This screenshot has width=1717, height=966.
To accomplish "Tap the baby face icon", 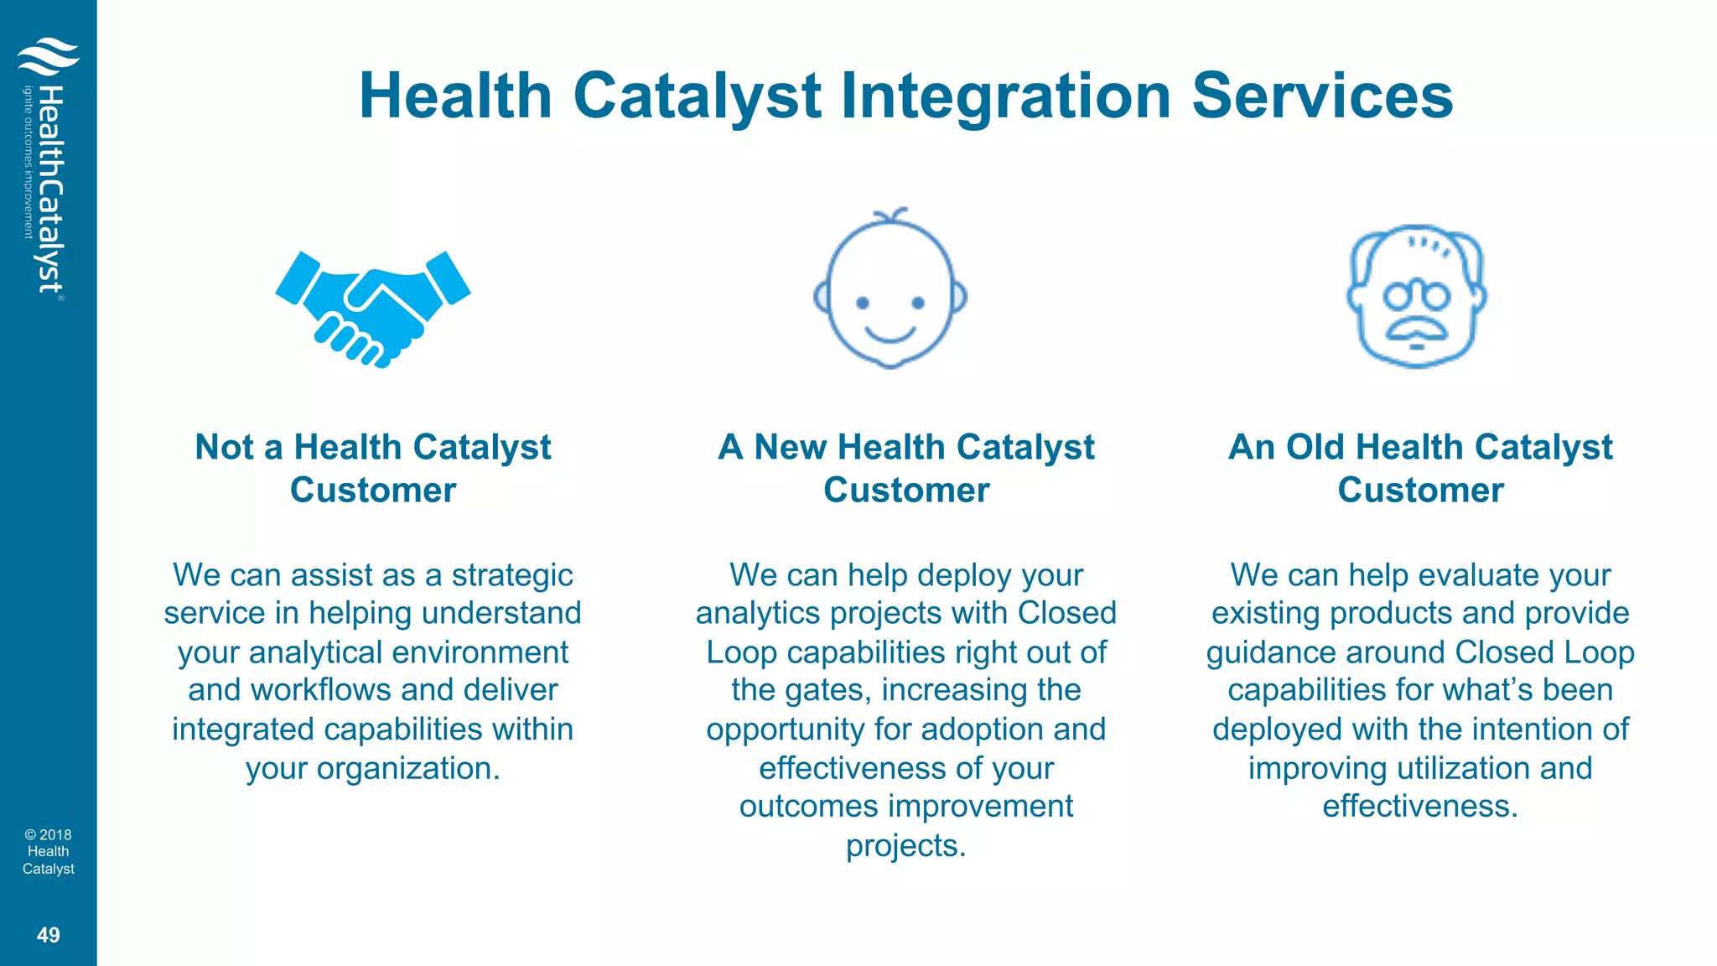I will point(890,289).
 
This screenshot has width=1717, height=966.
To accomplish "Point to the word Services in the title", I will point(1322,96).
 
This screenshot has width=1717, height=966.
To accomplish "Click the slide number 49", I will point(49,935).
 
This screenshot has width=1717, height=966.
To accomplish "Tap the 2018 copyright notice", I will point(49,851).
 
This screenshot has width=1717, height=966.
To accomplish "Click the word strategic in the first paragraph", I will point(512,575).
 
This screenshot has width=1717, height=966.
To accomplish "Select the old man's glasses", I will point(1416,295).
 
